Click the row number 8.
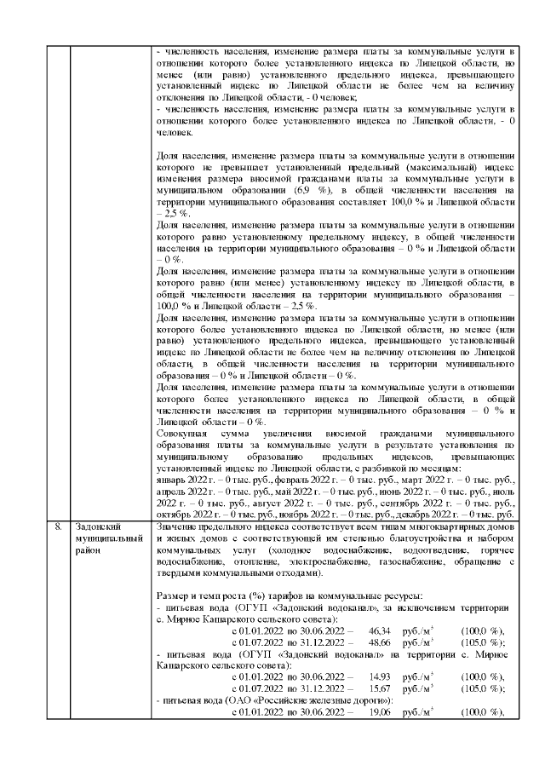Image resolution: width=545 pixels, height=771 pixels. coord(58,526)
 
